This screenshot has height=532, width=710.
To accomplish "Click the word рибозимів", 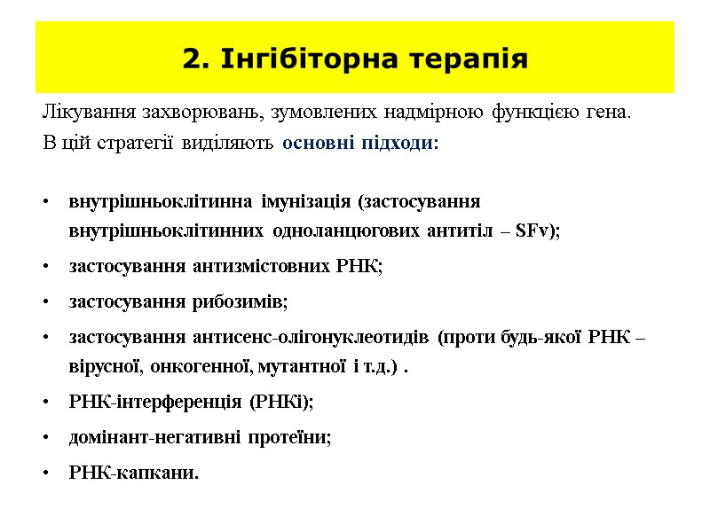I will tap(238, 301).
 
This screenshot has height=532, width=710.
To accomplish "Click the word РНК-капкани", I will tap(133, 473).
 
